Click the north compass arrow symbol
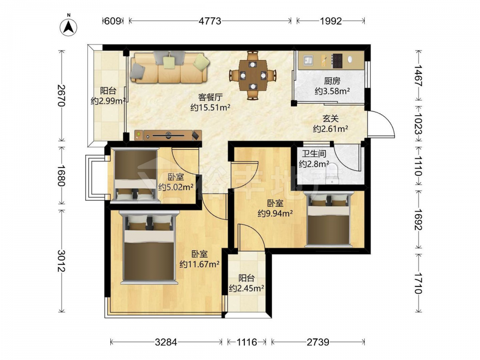[x=69, y=26]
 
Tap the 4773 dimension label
[x=210, y=21]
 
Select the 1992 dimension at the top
[x=331, y=21]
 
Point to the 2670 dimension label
[x=61, y=95]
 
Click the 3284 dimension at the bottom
[x=166, y=342]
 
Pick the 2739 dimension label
[x=318, y=342]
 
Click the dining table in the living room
[x=253, y=75]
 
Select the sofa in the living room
[x=169, y=68]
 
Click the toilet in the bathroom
[x=331, y=174]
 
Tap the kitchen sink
[x=308, y=60]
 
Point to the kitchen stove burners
[x=337, y=60]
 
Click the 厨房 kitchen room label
[x=332, y=81]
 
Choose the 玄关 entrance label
[x=331, y=119]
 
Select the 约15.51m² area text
[x=210, y=108]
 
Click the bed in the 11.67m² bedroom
[x=149, y=247]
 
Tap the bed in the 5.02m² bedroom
[x=135, y=175]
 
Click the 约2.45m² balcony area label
[x=247, y=288]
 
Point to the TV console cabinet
[x=168, y=135]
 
